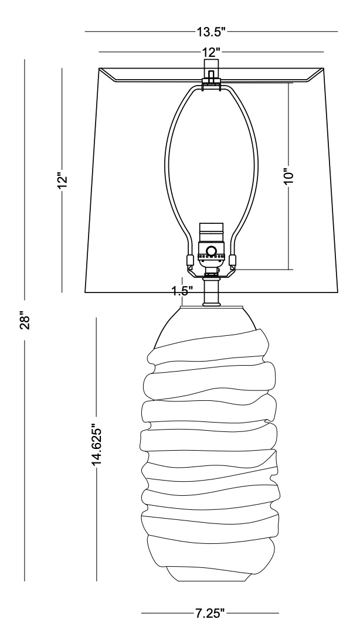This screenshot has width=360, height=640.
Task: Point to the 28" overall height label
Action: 25,321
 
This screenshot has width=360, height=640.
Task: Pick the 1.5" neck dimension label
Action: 182,291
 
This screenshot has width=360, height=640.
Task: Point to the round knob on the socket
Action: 211,251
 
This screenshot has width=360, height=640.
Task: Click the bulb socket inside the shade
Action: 212,246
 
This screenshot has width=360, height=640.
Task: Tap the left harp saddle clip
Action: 190,260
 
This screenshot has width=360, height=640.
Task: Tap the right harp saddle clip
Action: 232,260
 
